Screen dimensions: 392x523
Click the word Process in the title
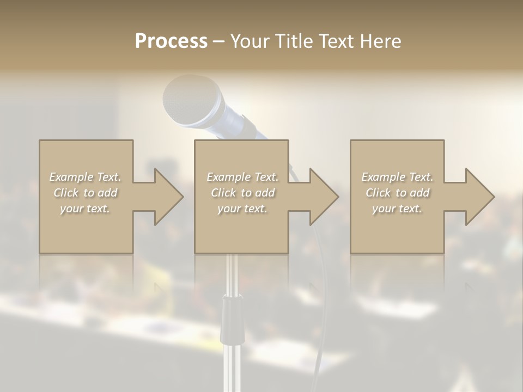point(171,41)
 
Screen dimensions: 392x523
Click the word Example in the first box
point(71,177)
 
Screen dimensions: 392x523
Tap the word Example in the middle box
point(228,177)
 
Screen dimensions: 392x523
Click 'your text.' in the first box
point(86,209)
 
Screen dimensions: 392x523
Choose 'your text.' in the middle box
point(242,209)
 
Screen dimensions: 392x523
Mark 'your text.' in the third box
point(397,209)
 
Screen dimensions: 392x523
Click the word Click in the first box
point(66,193)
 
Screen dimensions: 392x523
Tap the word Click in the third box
point(378,193)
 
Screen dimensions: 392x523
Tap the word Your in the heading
point(250,41)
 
